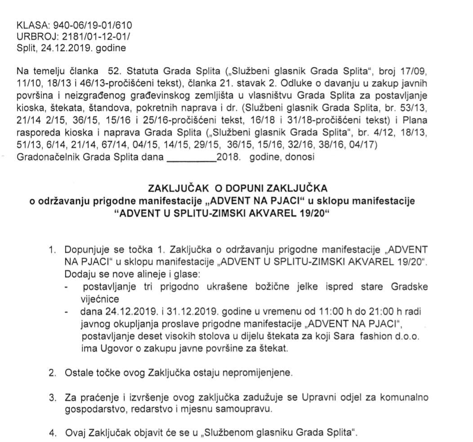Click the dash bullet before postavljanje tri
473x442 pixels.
[67, 287]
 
